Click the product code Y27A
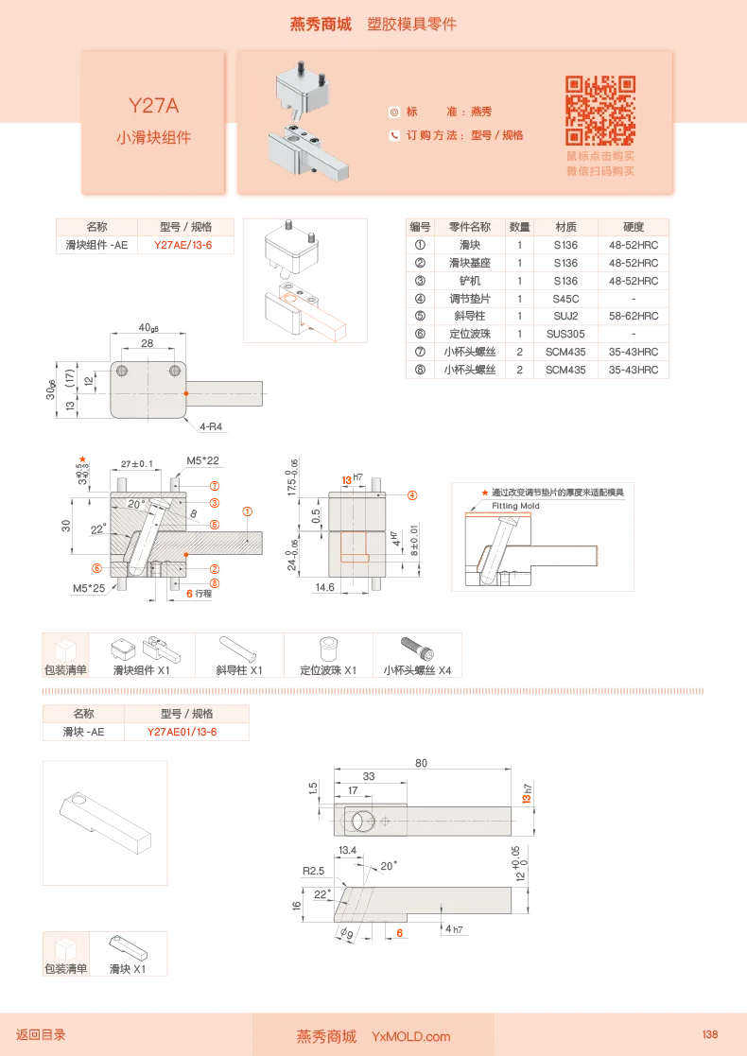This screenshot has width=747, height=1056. (153, 105)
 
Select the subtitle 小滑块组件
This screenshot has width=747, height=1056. (153, 137)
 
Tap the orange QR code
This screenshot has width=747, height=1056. (600, 110)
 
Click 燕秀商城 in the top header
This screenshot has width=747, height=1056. (320, 25)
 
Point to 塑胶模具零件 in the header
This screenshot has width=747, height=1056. (411, 25)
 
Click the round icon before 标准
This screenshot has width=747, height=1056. (394, 112)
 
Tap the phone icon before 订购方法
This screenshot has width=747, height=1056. (394, 135)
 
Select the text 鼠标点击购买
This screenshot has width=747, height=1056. (600, 156)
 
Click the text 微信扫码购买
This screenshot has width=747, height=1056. (600, 171)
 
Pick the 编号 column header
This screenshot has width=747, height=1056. (420, 227)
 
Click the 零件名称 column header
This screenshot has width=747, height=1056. (469, 227)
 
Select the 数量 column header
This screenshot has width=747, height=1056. (519, 227)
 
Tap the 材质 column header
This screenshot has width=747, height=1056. (565, 227)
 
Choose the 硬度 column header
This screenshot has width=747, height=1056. (634, 227)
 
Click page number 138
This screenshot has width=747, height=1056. (710, 1034)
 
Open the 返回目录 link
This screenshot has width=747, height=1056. (41, 1035)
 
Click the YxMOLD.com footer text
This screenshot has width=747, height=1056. (410, 1037)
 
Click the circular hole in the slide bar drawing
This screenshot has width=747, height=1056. (362, 822)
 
